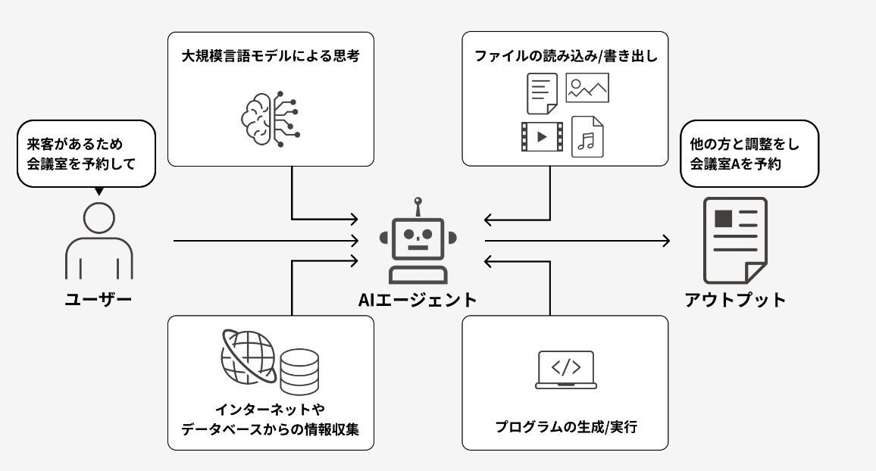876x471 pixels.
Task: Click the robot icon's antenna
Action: pyautogui.click(x=417, y=207)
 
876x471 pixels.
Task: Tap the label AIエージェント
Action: pyautogui.click(x=418, y=300)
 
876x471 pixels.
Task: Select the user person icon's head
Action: pyautogui.click(x=99, y=219)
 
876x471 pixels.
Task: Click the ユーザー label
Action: pyautogui.click(x=99, y=300)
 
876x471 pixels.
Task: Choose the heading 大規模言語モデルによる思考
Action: pyautogui.click(x=270, y=56)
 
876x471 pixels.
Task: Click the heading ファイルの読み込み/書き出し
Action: pyautogui.click(x=565, y=56)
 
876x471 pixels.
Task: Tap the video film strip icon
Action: pyautogui.click(x=542, y=136)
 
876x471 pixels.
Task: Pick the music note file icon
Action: pyautogui.click(x=587, y=136)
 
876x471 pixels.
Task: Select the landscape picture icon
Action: pyautogui.click(x=587, y=88)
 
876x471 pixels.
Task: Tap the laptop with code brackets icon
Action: pyautogui.click(x=565, y=370)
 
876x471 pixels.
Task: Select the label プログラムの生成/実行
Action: pyautogui.click(x=565, y=427)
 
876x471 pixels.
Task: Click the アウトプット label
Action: pyautogui.click(x=735, y=300)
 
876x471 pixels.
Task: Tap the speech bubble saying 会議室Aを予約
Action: pyautogui.click(x=749, y=153)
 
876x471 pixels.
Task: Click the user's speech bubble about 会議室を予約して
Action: pyautogui.click(x=86, y=154)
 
